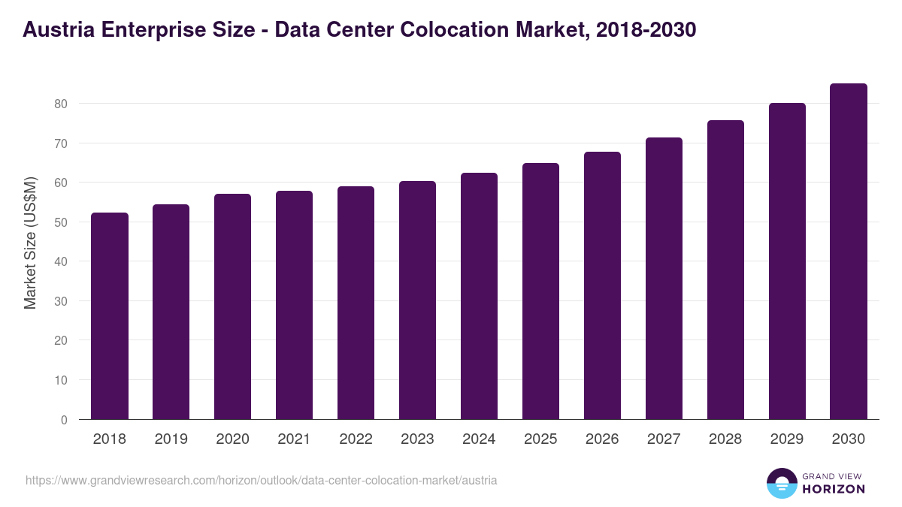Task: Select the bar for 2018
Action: pos(110,316)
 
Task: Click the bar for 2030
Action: pos(849,252)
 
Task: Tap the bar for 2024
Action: pos(479,296)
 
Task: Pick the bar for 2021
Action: pos(294,305)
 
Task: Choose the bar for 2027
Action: pos(664,279)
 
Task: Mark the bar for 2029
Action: pos(787,261)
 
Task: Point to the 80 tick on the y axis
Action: pos(64,104)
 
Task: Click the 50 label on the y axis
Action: pos(64,222)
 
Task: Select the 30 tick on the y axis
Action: pos(64,301)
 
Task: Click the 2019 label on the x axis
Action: pos(171,439)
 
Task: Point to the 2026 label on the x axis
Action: pos(602,439)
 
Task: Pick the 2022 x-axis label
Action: pos(356,439)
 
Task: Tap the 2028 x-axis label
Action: pos(725,439)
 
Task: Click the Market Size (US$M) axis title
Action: pos(31,243)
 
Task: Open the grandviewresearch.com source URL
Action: pos(261,480)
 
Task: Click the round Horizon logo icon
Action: pos(781,484)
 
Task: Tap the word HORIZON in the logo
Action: pos(833,489)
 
